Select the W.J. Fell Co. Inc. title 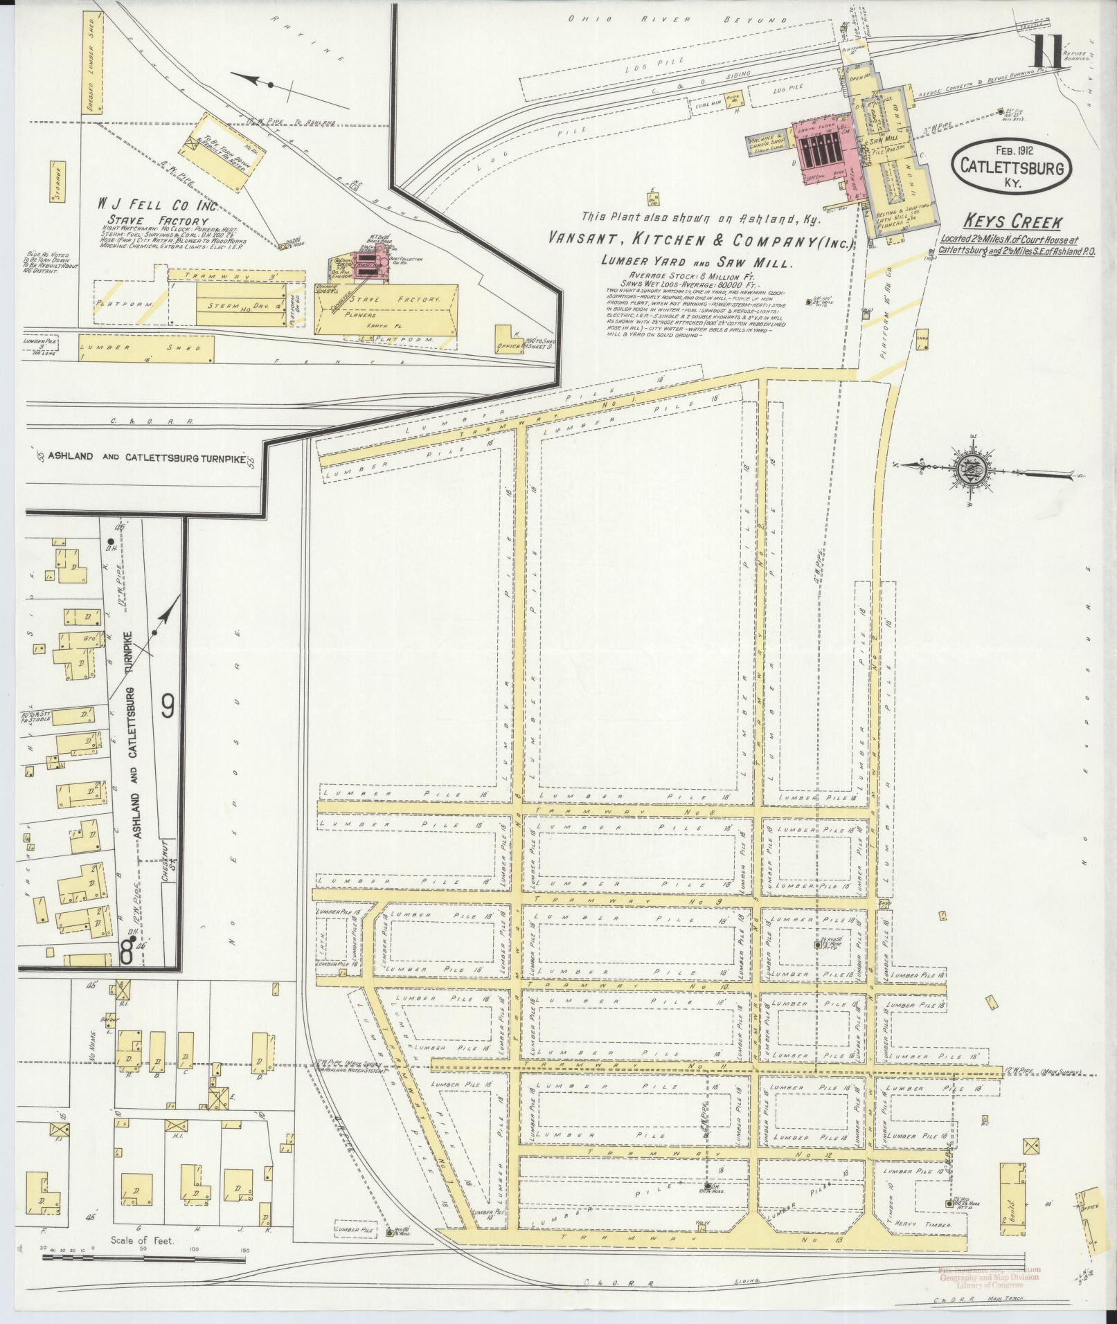(158, 206)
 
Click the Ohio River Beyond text (678, 20)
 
